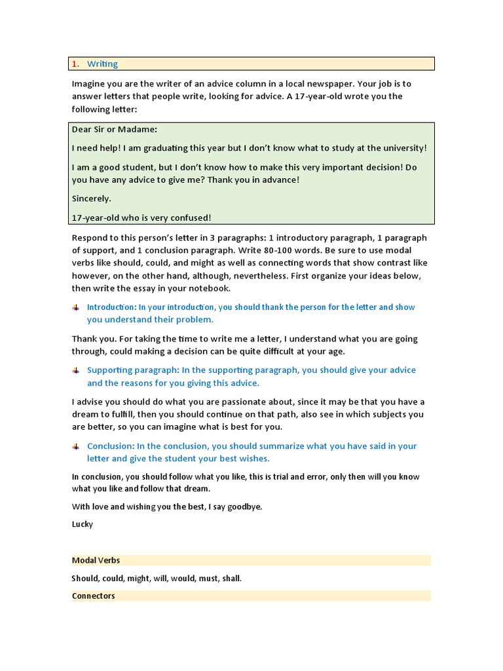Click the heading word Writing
pos(102,64)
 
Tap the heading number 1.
pos(75,64)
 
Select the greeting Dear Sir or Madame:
pos(115,129)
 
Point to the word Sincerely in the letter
pos(91,198)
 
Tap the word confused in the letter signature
pos(190,218)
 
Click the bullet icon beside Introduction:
pos(76,307)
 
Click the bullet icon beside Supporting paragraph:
pos(76,370)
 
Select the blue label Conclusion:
pos(111,446)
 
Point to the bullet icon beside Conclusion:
pos(76,446)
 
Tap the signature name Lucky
pos(83,524)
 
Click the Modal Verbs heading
pos(96,560)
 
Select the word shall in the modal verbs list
pos(230,579)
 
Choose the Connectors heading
pos(94,596)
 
